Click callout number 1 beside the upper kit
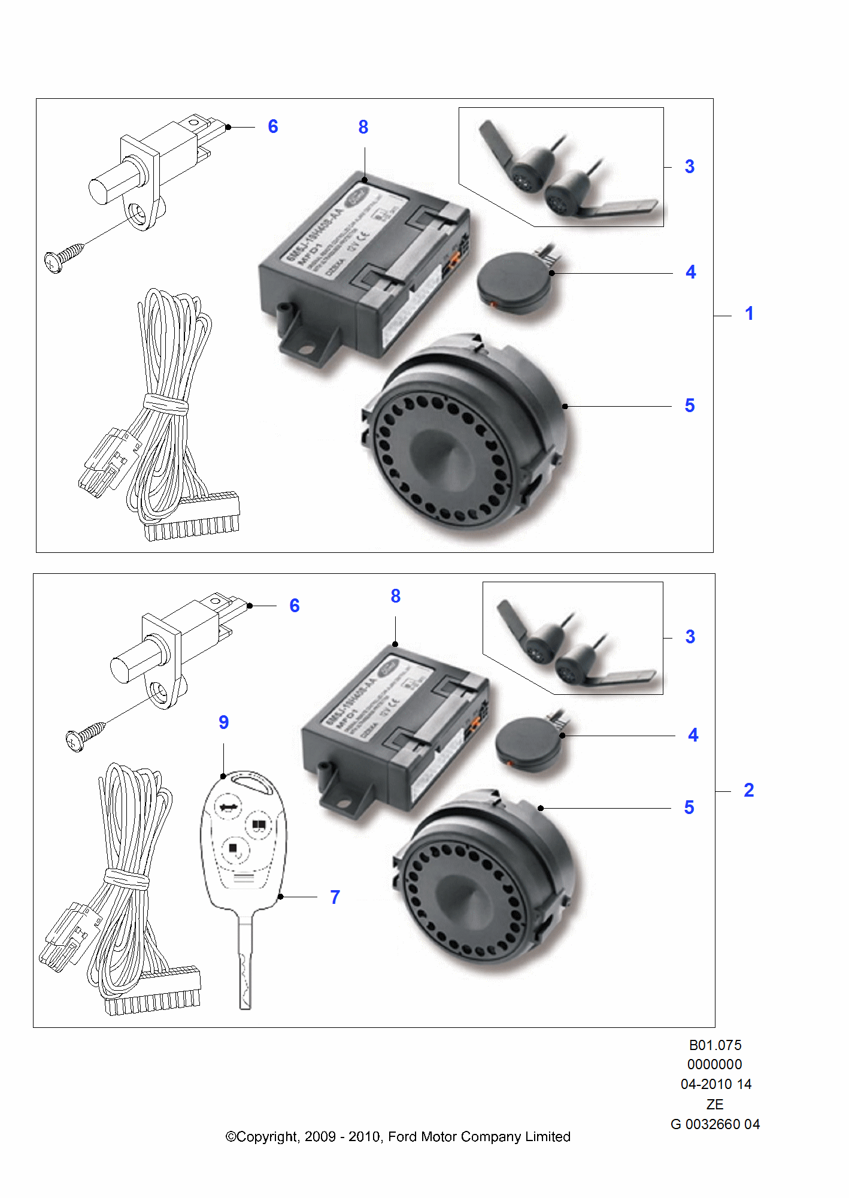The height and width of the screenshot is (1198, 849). click(749, 313)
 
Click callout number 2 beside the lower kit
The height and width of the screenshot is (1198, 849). click(748, 790)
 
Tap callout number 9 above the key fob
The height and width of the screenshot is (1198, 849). click(223, 722)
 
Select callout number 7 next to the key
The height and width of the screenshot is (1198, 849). click(335, 897)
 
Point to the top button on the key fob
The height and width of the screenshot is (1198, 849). click(229, 807)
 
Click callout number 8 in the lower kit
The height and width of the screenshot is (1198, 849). click(395, 596)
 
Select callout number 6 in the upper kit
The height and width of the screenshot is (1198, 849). click(272, 126)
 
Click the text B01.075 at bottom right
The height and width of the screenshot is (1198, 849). click(715, 1045)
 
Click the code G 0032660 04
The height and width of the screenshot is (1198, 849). click(715, 1124)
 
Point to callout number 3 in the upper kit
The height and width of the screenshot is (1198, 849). click(689, 167)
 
